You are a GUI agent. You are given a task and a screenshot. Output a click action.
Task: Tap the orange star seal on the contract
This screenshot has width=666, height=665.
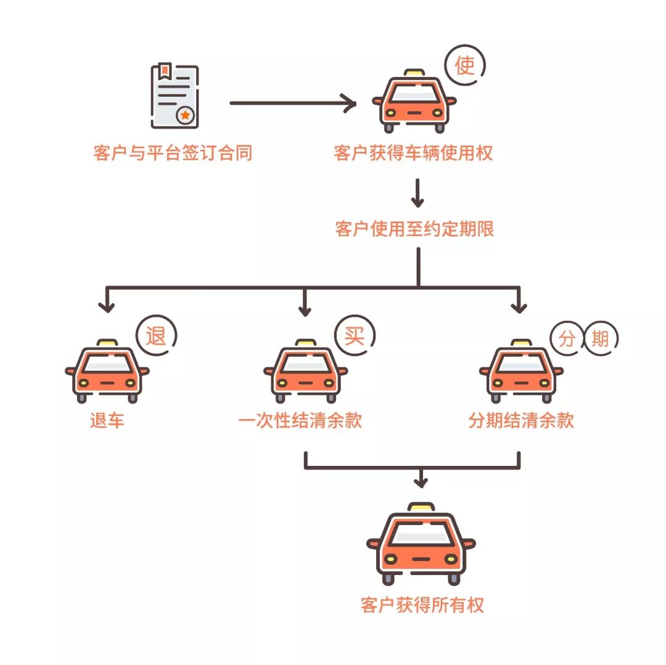click(185, 115)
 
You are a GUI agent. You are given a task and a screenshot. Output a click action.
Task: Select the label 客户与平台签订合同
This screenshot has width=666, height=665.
click(173, 153)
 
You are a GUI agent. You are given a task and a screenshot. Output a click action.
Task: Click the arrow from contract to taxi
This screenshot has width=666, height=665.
click(293, 103)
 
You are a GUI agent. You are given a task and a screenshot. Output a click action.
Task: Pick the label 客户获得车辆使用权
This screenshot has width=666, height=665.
click(414, 153)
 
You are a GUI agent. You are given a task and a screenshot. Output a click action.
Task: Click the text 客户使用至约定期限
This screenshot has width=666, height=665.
click(414, 229)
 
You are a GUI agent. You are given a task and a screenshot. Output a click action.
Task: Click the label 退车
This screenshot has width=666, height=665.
click(107, 421)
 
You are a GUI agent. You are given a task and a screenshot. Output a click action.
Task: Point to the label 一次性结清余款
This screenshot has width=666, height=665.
click(300, 421)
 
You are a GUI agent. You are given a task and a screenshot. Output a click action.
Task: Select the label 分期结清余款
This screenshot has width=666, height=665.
click(521, 421)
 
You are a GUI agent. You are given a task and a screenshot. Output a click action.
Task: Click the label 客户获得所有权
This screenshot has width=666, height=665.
click(422, 605)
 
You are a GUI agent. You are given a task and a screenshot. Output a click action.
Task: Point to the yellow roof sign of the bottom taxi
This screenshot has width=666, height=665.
click(421, 507)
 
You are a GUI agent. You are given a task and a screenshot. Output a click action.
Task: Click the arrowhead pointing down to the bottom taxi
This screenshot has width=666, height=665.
click(421, 481)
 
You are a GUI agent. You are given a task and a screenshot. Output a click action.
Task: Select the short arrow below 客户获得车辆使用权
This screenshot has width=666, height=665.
click(418, 194)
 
